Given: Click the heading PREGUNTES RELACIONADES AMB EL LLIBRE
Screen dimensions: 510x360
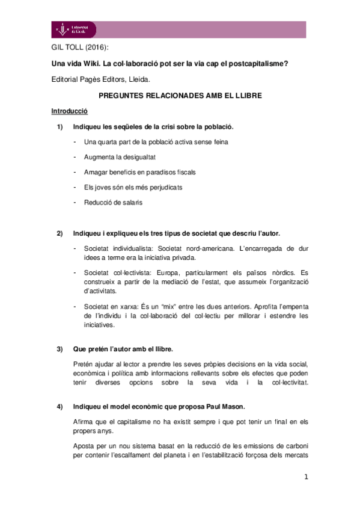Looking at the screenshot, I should pyautogui.click(x=180, y=96).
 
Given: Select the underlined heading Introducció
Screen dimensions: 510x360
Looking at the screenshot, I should pyautogui.click(x=69, y=111).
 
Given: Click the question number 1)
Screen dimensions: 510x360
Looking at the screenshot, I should pyautogui.click(x=59, y=127).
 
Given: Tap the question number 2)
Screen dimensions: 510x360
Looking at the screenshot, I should pyautogui.click(x=59, y=233).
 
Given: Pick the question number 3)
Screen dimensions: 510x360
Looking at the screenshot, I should pyautogui.click(x=59, y=349).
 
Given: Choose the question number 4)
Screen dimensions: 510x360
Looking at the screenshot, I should pyautogui.click(x=59, y=407).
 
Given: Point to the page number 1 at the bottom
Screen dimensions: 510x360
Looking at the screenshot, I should pyautogui.click(x=306, y=478).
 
